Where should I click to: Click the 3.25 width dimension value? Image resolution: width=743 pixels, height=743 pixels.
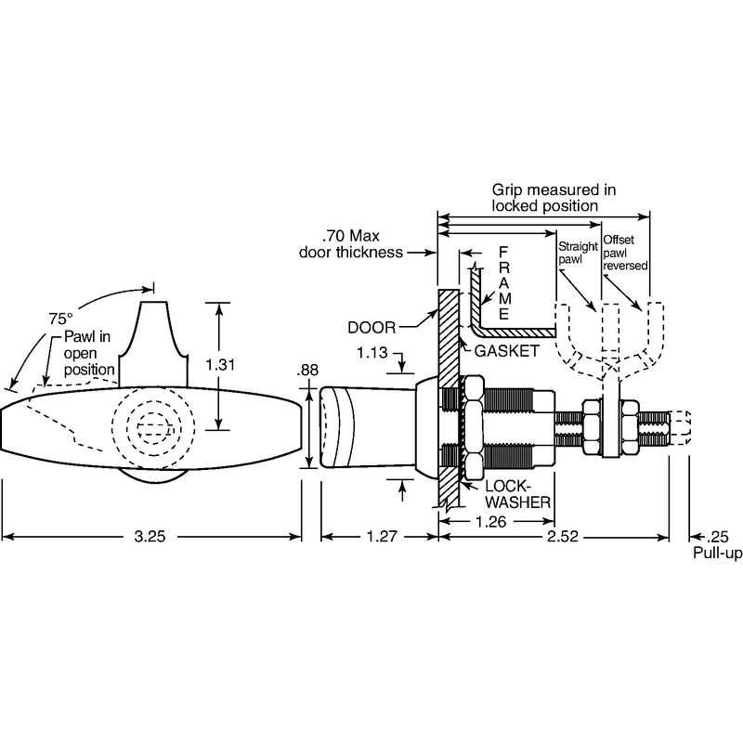(152, 537)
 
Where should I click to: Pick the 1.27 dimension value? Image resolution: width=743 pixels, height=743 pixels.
(378, 537)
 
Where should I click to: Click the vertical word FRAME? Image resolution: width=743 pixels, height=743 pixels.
(502, 282)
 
